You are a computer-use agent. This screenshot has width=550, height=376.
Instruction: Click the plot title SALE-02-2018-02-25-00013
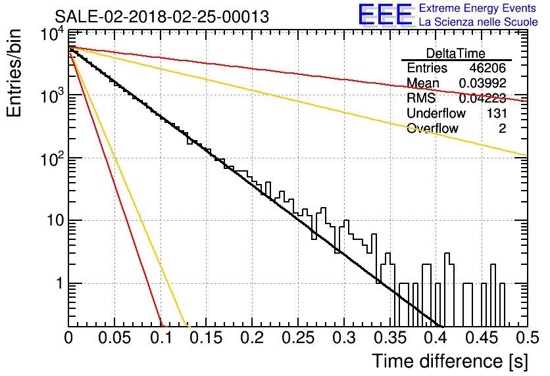tap(162, 16)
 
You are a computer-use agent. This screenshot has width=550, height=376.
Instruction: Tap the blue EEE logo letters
tap(385, 14)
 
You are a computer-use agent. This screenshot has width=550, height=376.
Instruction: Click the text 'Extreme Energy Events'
tap(478, 8)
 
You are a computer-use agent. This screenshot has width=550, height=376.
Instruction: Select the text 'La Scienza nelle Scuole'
tap(478, 22)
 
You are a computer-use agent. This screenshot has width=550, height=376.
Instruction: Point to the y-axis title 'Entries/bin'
tap(14, 73)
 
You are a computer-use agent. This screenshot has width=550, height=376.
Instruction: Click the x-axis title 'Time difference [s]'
tap(450, 362)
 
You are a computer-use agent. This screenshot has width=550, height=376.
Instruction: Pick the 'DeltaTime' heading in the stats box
tap(456, 53)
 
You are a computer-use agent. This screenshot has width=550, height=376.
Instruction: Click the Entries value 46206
tap(488, 68)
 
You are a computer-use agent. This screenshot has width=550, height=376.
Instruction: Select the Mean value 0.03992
tap(483, 83)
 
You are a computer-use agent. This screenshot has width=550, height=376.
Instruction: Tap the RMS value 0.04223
tap(483, 99)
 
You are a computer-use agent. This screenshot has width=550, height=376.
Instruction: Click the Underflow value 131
tap(497, 113)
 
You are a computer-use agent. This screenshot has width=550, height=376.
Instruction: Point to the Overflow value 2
tap(503, 129)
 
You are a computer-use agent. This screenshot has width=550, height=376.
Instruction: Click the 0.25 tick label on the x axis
tap(298, 338)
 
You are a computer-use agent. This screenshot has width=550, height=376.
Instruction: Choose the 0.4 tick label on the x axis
tap(436, 338)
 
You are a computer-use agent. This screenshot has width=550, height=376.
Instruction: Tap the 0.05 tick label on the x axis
tap(114, 338)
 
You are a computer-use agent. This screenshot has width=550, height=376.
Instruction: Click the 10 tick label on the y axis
tap(55, 221)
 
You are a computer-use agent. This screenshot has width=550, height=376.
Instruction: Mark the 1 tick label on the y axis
tap(60, 283)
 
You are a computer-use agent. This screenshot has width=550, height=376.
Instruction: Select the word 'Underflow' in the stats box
tap(436, 113)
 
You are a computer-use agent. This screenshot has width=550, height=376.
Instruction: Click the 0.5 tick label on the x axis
tap(527, 338)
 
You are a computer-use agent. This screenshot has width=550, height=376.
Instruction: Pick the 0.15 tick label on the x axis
tap(207, 338)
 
